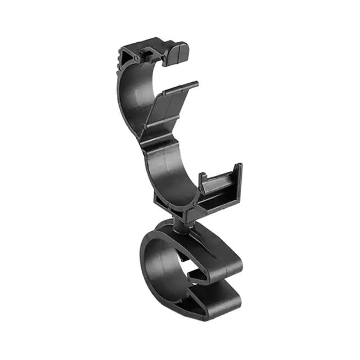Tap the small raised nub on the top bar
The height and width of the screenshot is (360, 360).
(x=145, y=51)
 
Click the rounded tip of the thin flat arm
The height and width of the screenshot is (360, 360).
(x=195, y=84)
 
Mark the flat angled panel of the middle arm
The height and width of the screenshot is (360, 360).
(x=169, y=110)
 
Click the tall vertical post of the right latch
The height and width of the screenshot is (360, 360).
(x=239, y=183)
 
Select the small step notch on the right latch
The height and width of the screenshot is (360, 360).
(x=206, y=179)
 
